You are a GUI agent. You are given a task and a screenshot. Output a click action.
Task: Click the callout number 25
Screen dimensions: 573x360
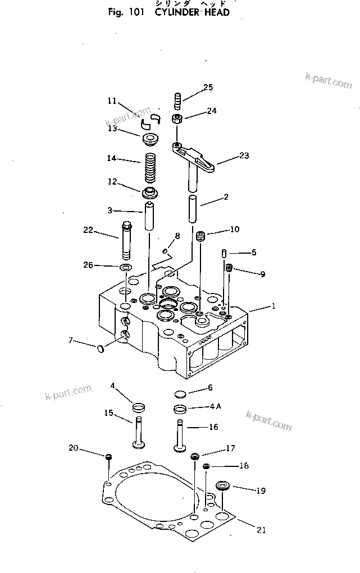coord(208,87)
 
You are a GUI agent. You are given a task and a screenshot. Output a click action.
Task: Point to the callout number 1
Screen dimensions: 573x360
coord(274,307)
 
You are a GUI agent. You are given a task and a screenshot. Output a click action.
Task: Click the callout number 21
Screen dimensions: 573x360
coord(262,529)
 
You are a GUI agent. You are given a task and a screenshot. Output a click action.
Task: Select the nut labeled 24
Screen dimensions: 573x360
coord(176,119)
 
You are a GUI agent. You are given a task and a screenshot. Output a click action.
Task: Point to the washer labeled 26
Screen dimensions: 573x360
coord(126,265)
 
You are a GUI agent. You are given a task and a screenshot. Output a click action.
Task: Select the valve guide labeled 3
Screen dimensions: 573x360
coord(149,216)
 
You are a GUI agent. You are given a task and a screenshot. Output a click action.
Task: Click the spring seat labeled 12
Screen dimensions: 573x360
coord(150,194)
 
